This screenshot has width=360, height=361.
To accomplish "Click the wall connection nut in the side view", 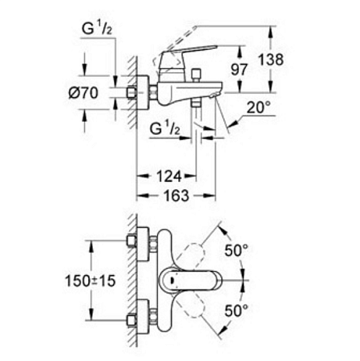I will [138, 93].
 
